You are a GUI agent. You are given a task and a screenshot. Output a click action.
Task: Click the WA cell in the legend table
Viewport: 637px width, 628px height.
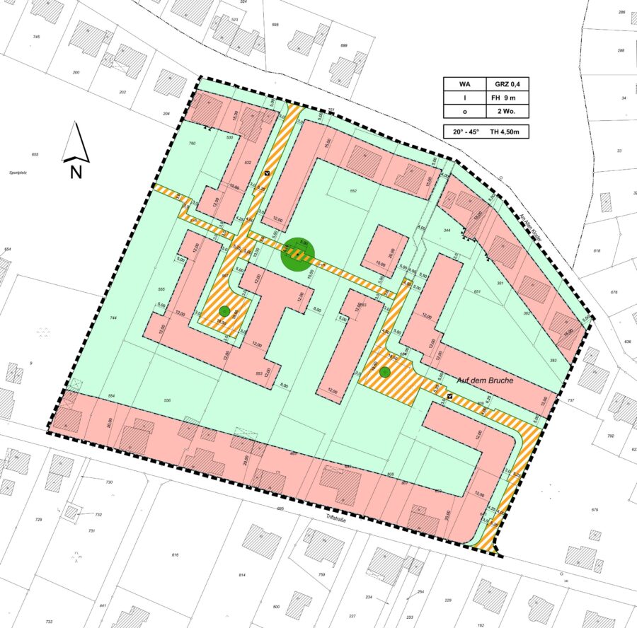[464, 83]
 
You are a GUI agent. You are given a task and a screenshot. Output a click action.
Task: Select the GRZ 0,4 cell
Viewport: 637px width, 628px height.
[507, 83]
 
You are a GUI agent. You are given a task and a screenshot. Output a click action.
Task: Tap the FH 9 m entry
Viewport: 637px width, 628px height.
[507, 97]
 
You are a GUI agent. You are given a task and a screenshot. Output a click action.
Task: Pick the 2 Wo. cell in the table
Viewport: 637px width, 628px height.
[507, 111]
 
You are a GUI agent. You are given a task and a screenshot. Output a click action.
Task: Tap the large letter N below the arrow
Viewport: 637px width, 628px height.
[76, 170]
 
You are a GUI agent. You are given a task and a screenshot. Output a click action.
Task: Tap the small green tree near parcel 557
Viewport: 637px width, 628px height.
[224, 310]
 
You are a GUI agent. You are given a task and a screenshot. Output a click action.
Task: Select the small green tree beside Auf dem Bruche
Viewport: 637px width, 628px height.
[384, 371]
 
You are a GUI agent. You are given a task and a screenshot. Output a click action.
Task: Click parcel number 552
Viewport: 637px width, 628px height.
[354, 192]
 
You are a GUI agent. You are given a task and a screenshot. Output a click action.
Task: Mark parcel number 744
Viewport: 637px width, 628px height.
[113, 319]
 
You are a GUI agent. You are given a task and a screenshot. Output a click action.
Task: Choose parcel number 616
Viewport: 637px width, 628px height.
[175, 555]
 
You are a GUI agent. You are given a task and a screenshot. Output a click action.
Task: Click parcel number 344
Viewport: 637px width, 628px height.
[447, 231]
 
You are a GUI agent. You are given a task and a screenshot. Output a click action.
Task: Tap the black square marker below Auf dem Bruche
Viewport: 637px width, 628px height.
[450, 397]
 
